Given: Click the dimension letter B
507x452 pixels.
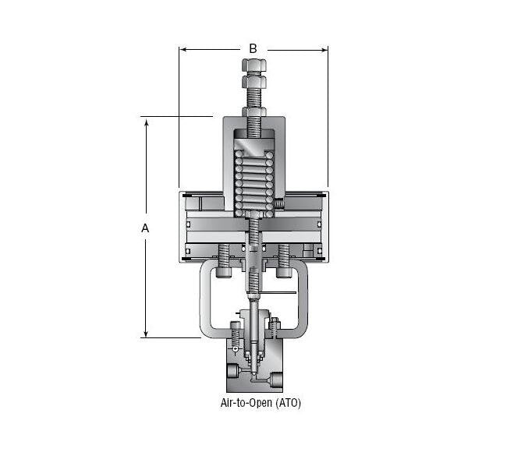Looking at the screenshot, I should coord(253,48).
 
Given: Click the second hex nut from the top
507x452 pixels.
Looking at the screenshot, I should coord(253,80).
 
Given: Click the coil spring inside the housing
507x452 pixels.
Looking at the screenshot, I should coord(253,187).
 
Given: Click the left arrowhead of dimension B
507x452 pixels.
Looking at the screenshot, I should coord(183,51).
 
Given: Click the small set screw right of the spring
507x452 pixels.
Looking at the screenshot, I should coord(278,203).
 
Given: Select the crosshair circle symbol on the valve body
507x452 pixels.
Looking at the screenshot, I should coord(235,348).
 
